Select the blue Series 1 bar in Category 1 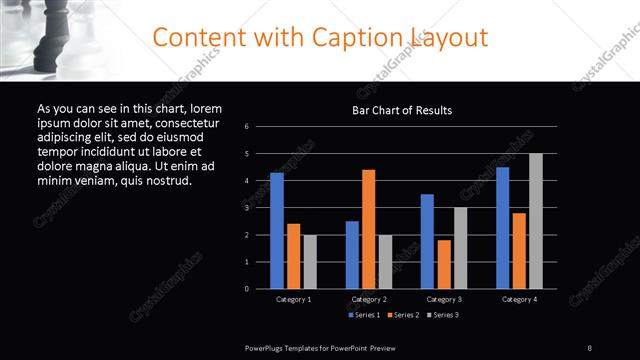point(277,230)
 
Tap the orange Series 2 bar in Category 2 point(368,229)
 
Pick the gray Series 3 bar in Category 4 point(535,221)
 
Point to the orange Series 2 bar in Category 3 point(444,264)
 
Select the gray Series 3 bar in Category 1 point(310,261)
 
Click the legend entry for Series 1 point(363,315)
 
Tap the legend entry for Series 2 point(404,315)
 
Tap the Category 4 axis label point(519,299)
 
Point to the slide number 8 point(589,347)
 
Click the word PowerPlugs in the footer point(266,347)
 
